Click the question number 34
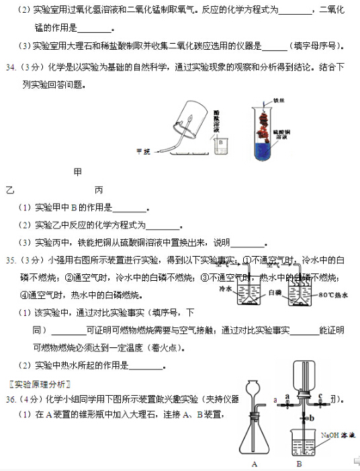(x=12, y=67)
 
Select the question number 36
(x=12, y=399)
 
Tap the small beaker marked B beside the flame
(x=220, y=144)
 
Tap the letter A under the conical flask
(x=255, y=464)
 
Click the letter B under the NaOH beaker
(x=299, y=464)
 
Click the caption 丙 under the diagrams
(x=99, y=189)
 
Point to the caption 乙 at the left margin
(x=9, y=189)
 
